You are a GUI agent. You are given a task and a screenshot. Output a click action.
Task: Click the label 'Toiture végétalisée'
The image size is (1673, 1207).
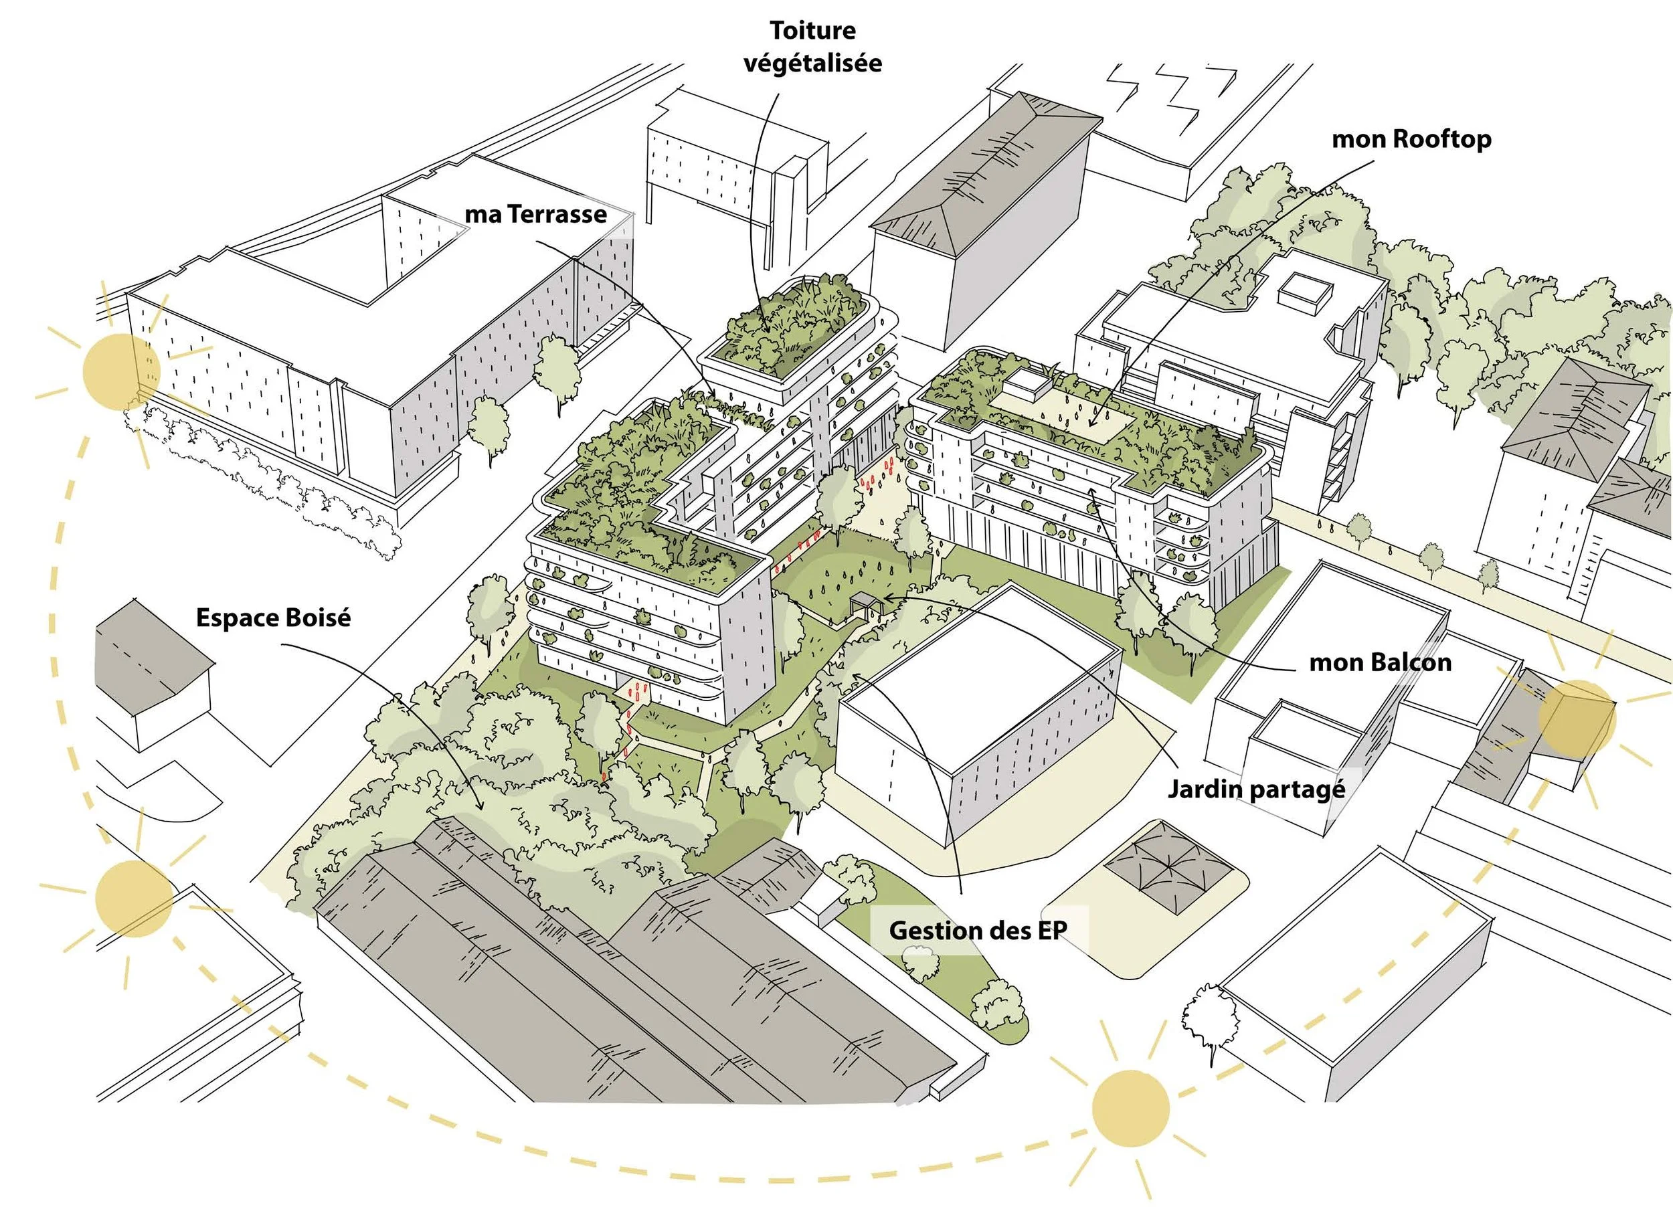[x=812, y=46]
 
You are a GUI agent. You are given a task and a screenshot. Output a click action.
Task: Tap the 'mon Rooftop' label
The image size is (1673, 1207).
[x=1411, y=139]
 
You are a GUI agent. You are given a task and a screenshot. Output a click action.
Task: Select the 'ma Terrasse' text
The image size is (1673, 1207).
[x=535, y=215]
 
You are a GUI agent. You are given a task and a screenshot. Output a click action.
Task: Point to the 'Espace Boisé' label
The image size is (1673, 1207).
[x=273, y=617]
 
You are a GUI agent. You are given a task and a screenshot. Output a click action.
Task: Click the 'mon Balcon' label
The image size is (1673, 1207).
[x=1379, y=662]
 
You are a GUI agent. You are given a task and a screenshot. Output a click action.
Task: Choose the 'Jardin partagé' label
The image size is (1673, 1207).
[x=1256, y=789]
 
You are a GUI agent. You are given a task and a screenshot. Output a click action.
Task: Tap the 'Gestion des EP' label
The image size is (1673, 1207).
[x=978, y=930]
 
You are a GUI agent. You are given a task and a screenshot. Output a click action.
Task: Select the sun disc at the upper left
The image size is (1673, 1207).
[x=121, y=371]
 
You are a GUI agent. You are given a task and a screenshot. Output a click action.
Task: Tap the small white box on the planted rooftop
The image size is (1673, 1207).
[x=1025, y=381]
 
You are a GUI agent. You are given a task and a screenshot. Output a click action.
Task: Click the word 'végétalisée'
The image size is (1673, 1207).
[x=812, y=63]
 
